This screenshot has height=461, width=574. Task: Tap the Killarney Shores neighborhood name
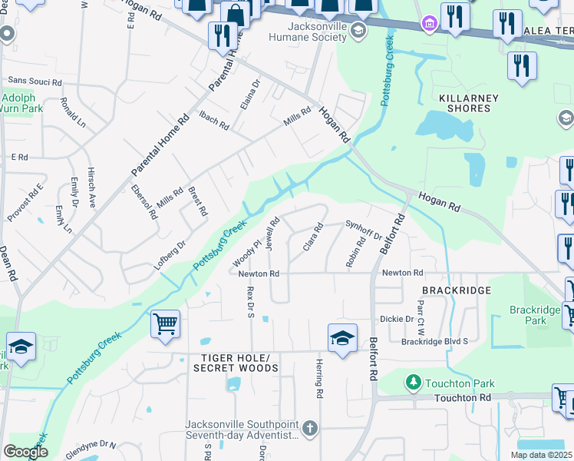(x=468, y=103)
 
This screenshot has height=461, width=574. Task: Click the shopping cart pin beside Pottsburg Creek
(x=165, y=324)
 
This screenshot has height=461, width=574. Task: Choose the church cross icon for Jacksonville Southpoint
(x=309, y=427)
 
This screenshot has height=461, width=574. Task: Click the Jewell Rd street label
(x=272, y=230)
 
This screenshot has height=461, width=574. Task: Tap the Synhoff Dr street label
(x=363, y=229)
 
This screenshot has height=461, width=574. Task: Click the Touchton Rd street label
(x=461, y=397)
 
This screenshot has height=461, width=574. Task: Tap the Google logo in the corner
(x=25, y=451)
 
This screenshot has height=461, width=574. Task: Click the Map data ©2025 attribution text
(x=541, y=455)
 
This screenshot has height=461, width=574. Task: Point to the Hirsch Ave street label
(x=91, y=188)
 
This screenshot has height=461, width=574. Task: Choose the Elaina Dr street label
(x=250, y=94)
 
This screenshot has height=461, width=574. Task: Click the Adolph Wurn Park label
(x=21, y=104)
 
